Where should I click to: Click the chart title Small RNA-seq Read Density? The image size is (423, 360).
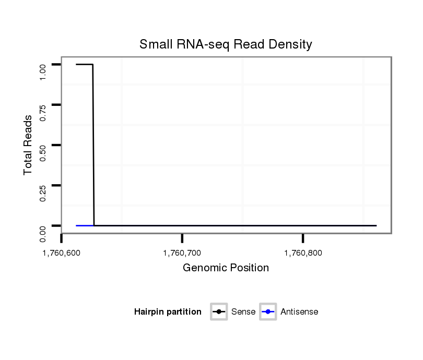coord(226,44)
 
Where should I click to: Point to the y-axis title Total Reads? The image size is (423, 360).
coord(29,145)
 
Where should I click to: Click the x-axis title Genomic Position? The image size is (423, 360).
coord(226,268)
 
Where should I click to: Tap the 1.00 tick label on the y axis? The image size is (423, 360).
coord(43,71)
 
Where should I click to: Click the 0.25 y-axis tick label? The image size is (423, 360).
coord(43,193)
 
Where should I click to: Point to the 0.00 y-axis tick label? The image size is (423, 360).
coord(43,233)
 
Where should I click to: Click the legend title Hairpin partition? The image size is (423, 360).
coord(168,312)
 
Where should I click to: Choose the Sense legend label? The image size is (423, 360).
coord(243,312)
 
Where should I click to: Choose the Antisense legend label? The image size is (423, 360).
coord(299,312)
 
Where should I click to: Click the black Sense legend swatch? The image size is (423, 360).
coord(219,312)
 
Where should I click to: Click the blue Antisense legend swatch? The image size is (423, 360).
coord(268,312)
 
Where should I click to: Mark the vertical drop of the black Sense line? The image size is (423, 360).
coord(93,146)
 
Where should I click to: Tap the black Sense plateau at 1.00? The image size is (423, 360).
coord(84,64)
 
